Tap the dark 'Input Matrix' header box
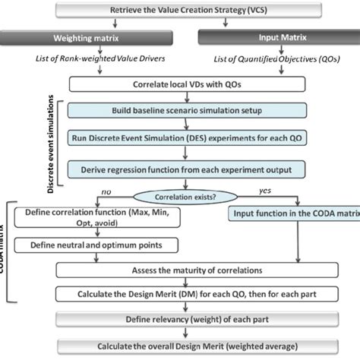(x=279, y=36)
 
